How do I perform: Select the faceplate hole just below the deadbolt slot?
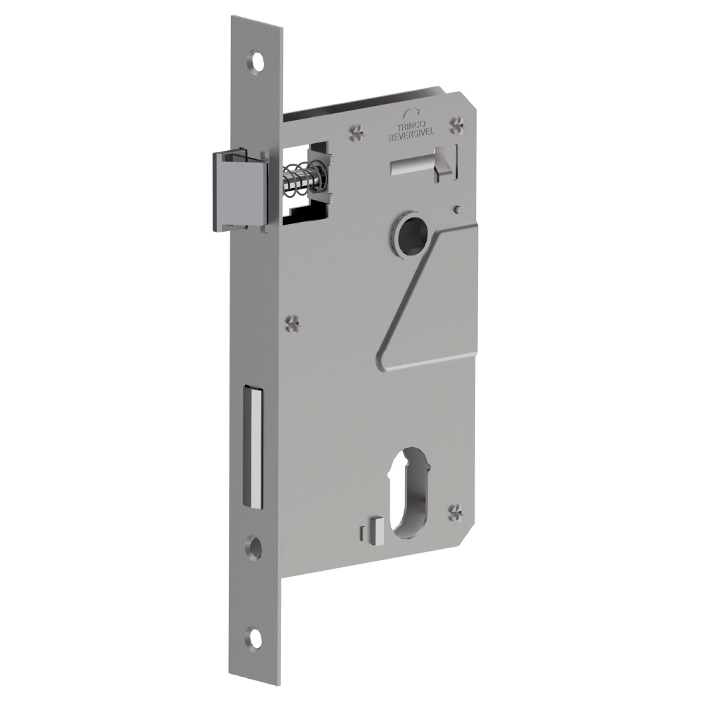point(254,547)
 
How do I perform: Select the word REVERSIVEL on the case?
point(413,137)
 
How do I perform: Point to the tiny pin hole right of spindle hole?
point(457,208)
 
